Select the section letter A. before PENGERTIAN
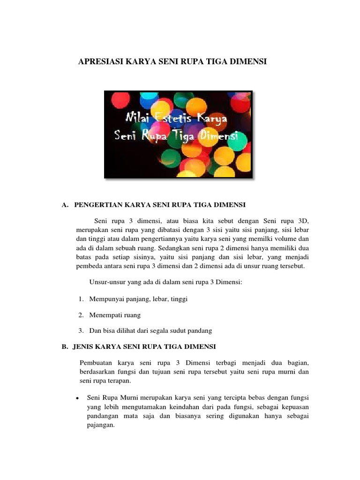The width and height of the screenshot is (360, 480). pos(65,205)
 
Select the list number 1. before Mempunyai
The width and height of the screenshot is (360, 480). pos(81,299)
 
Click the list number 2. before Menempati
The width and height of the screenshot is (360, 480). pos(81,315)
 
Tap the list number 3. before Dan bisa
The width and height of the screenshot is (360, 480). pos(81,330)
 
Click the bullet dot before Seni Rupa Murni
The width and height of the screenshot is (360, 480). pos(76,398)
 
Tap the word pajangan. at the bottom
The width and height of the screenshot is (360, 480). pos(101,426)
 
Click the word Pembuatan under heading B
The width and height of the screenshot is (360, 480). pos(96,363)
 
